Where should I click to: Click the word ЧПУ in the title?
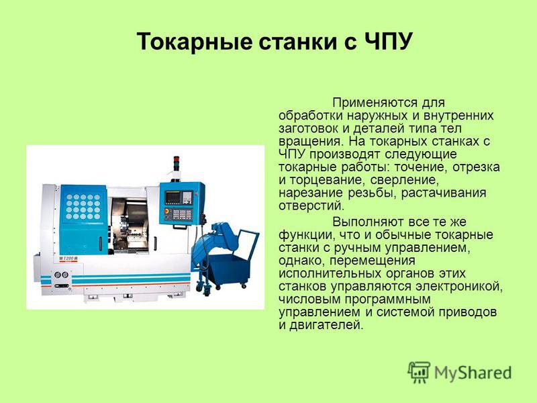pyautogui.click(x=388, y=42)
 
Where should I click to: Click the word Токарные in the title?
pyautogui.click(x=194, y=42)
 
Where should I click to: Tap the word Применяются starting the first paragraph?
pyautogui.click(x=375, y=103)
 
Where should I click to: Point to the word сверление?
pyautogui.click(x=405, y=180)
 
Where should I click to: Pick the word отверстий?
pyautogui.click(x=311, y=206)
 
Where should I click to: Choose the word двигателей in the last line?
pyautogui.click(x=326, y=325)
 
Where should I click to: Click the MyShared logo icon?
pyautogui.click(x=418, y=372)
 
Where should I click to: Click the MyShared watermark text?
pyautogui.click(x=473, y=373)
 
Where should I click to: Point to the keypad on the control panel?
pyautogui.click(x=182, y=214)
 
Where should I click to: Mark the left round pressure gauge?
pyautogui.click(x=57, y=275)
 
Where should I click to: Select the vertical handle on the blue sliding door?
pyautogui.click(x=101, y=244)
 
